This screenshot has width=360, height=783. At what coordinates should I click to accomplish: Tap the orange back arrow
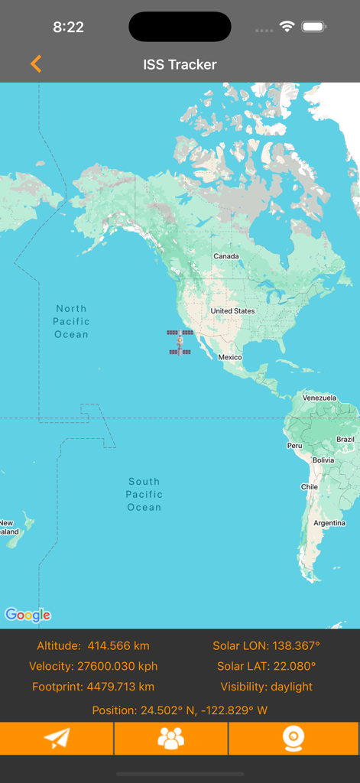click(x=36, y=64)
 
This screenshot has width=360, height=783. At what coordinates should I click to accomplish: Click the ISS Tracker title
click(x=180, y=65)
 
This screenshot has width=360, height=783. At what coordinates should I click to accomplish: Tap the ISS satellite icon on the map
click(x=180, y=342)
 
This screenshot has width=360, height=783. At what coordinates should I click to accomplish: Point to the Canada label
click(x=225, y=256)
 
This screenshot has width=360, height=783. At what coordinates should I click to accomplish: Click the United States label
click(x=232, y=311)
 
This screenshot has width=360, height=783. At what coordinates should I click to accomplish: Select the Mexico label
click(x=230, y=357)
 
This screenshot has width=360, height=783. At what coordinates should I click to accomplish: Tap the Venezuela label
click(x=319, y=398)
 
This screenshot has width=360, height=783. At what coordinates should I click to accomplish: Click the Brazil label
click(x=345, y=440)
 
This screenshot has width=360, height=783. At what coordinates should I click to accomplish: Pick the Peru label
click(x=294, y=445)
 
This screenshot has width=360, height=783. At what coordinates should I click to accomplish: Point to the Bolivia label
click(x=323, y=460)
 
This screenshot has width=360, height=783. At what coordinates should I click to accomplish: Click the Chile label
click(x=309, y=486)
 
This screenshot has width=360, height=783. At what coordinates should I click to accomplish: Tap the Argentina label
click(x=330, y=523)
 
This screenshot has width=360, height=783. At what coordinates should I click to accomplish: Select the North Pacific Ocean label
click(x=71, y=321)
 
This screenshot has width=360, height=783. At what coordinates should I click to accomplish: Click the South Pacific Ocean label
click(x=144, y=494)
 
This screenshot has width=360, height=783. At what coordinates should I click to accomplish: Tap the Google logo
click(x=28, y=615)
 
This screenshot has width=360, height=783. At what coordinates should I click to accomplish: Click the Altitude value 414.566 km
click(x=118, y=646)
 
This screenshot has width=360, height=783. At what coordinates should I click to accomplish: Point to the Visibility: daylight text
click(x=266, y=687)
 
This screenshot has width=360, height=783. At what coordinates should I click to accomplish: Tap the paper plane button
click(x=57, y=738)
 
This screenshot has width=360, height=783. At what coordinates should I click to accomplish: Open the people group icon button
click(x=171, y=738)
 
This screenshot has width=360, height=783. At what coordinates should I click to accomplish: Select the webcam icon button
click(x=294, y=738)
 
